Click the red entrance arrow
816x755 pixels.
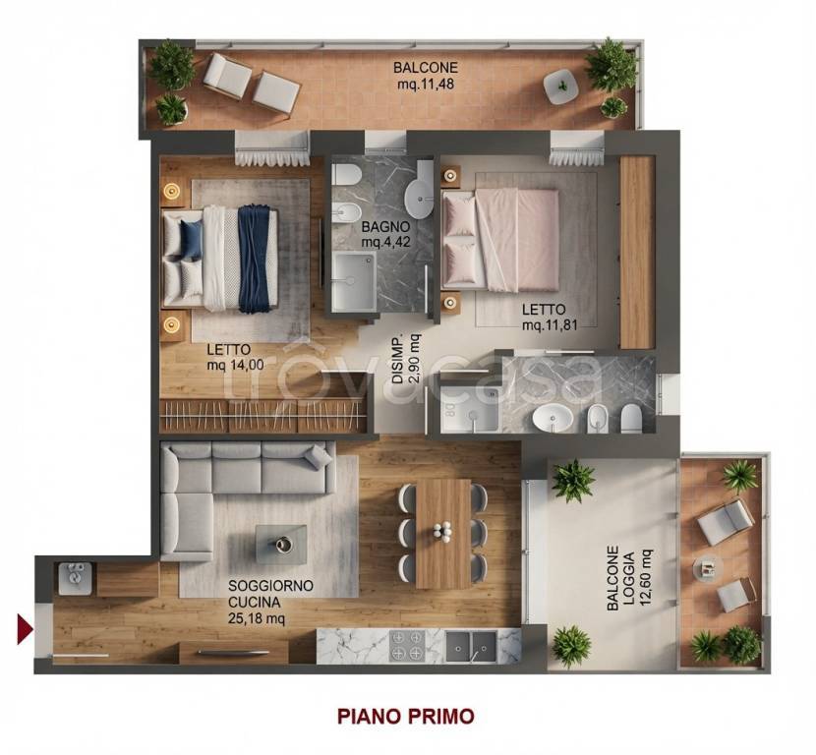25,629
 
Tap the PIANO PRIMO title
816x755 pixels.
405,716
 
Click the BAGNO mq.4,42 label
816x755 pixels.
385,235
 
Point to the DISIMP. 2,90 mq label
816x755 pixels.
406,359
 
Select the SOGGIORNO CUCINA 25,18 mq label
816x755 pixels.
270,602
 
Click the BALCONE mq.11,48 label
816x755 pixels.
426,76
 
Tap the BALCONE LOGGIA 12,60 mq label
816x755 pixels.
628,578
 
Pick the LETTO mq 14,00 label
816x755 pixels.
235,357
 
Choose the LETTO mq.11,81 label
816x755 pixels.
551,317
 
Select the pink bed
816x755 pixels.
499,240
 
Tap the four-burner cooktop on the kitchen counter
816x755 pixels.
406,646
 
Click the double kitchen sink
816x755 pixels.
471,646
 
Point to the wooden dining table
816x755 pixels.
443,534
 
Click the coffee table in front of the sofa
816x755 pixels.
280,544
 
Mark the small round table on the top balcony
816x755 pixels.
561,87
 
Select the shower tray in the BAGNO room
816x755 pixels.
354,281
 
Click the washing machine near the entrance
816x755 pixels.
76,579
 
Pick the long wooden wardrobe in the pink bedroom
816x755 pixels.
637,253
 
